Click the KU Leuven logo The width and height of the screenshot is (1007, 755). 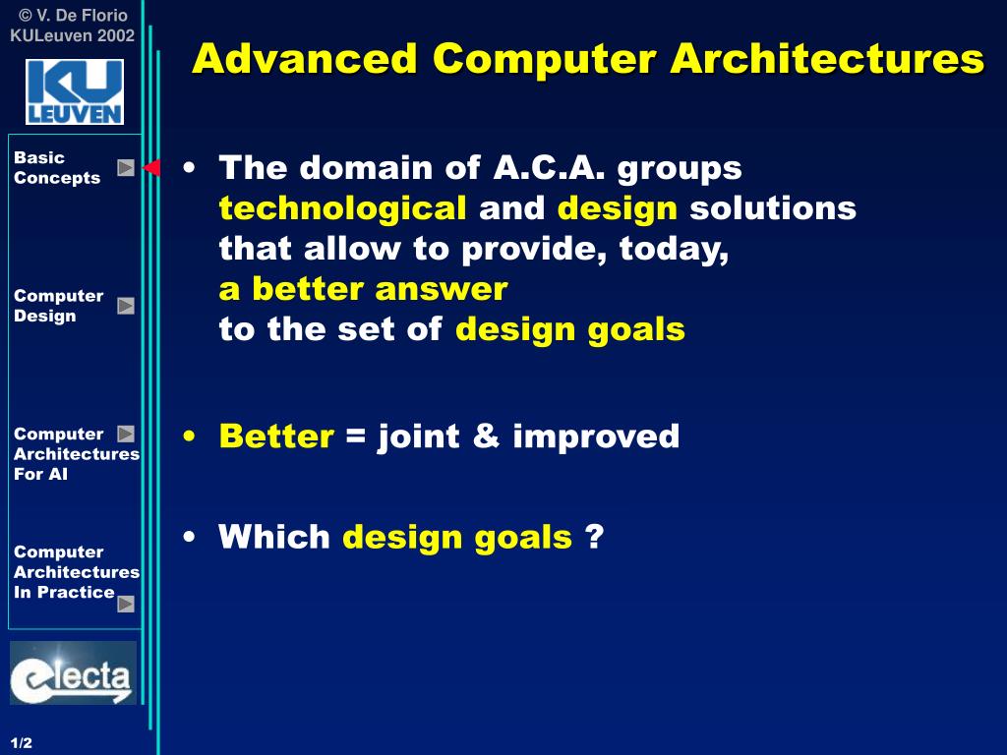coord(75,91)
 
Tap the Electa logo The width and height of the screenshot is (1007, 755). coord(73,672)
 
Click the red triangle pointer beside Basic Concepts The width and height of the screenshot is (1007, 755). coord(151,167)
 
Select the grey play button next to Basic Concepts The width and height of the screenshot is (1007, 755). coord(126,167)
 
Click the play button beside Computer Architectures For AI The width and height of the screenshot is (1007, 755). coord(126,434)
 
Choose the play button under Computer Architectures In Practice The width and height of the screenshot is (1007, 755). coord(126,605)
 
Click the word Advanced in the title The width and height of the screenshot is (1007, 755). coord(305,58)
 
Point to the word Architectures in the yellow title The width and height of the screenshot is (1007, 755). coord(827,58)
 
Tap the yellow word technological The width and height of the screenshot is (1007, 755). coord(342,208)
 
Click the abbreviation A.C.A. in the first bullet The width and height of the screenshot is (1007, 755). coord(549,168)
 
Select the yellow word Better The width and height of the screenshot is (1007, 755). coord(276,436)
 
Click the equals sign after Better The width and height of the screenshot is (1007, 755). coord(356,436)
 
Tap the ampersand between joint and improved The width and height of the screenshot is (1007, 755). coord(486,436)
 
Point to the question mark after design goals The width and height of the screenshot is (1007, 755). coord(595,536)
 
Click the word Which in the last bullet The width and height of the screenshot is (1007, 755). coord(274,536)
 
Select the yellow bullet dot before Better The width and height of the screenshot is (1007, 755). coord(189,436)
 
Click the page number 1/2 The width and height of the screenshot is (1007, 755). coord(22,743)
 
